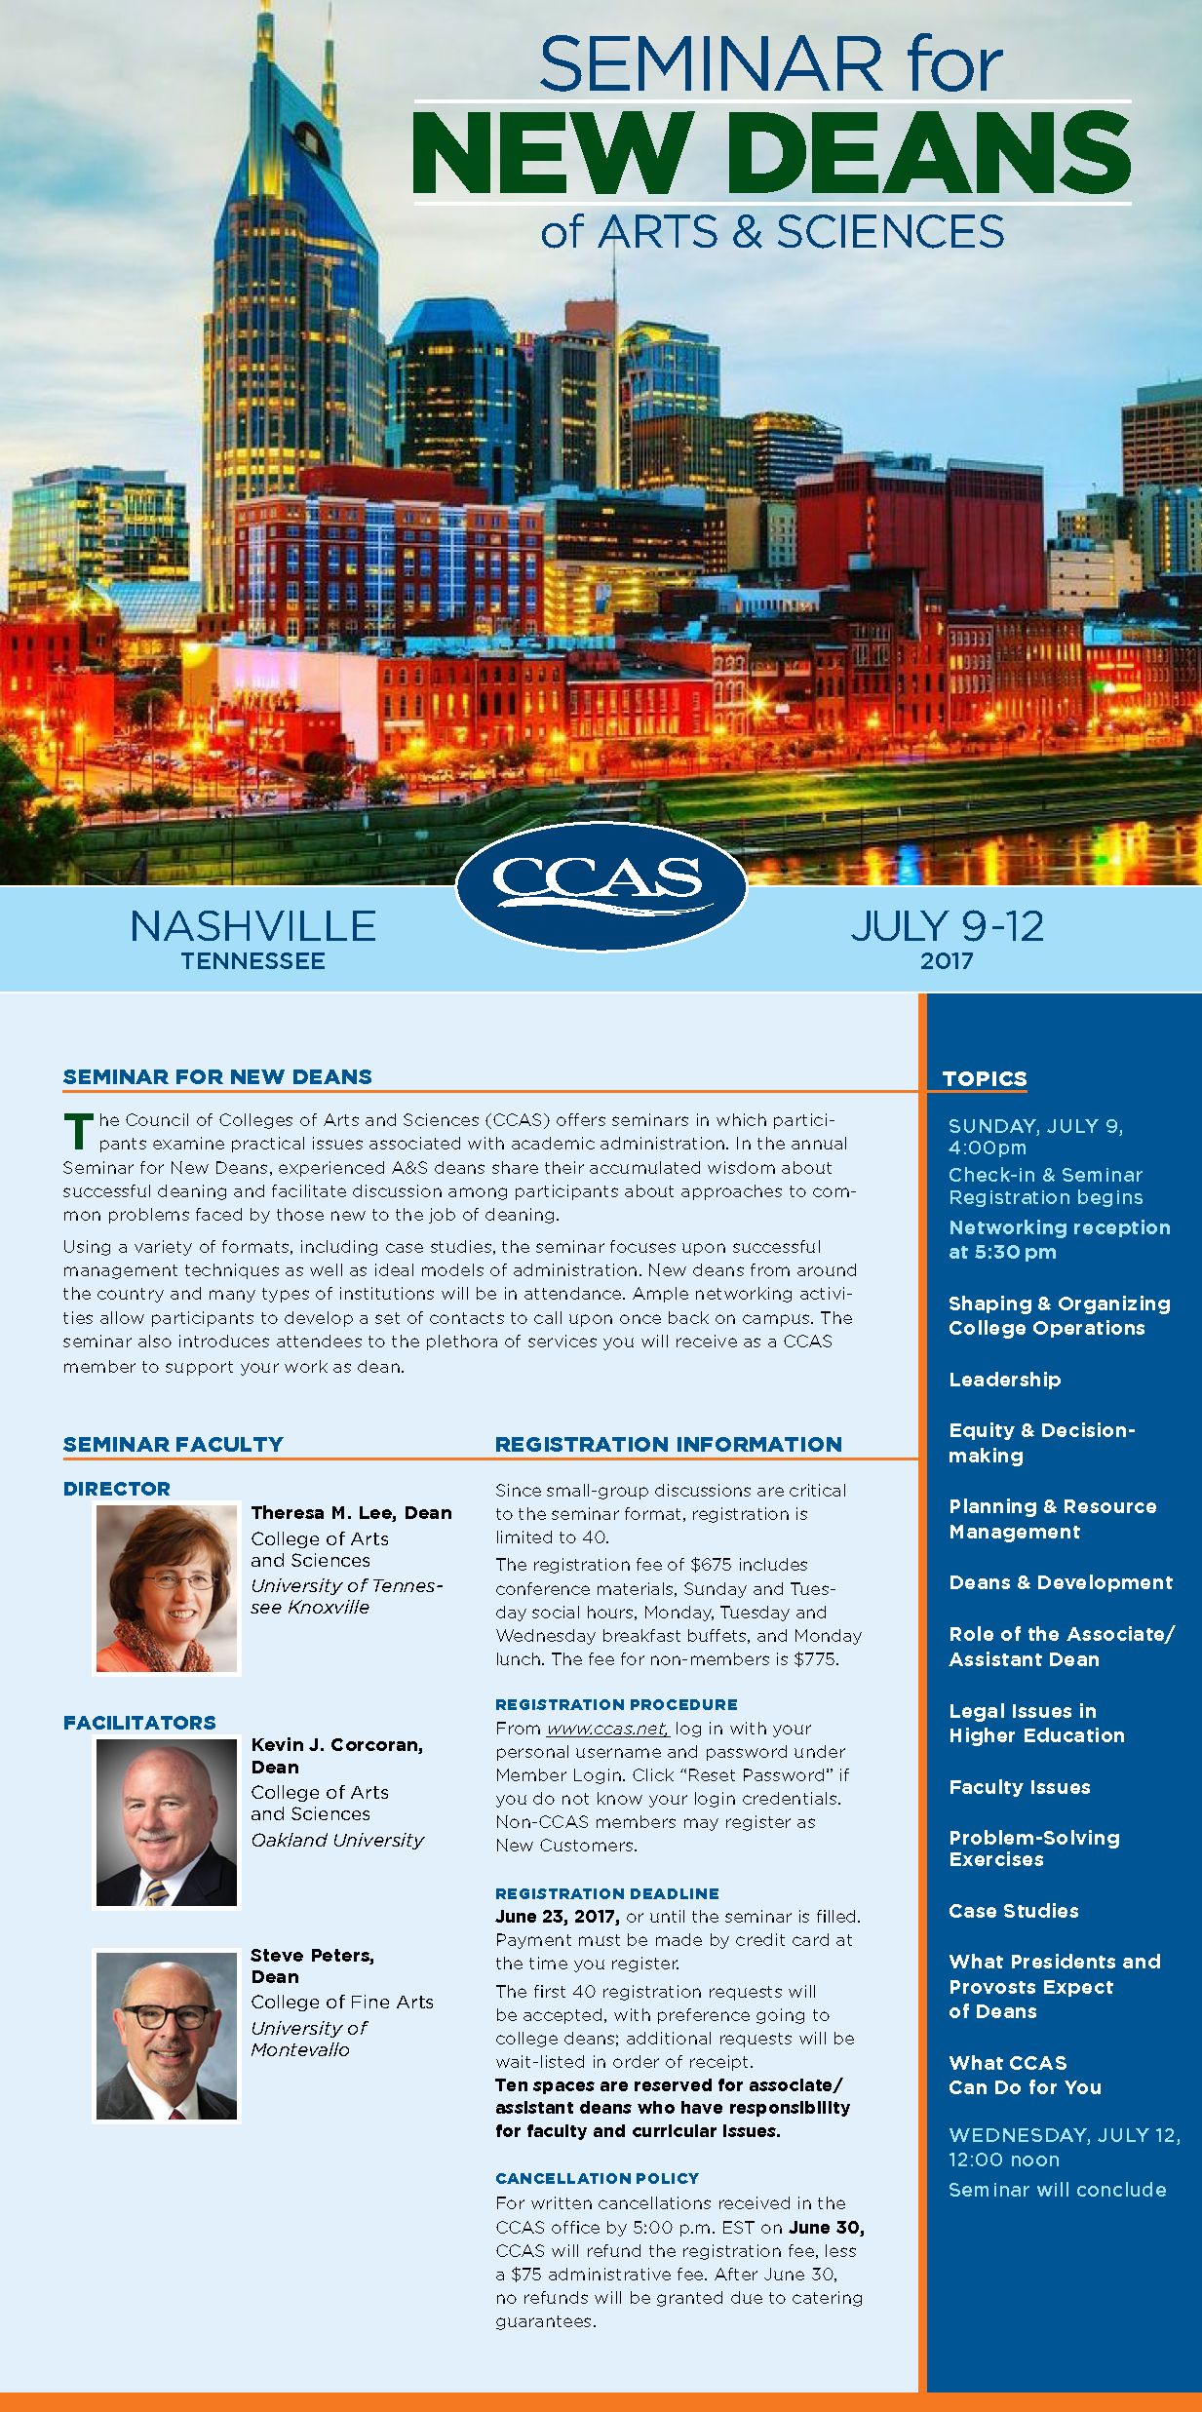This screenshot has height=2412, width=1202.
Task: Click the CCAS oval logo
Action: tap(601, 884)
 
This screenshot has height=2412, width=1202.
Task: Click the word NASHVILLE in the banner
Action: tap(253, 926)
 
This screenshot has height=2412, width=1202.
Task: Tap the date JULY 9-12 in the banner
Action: tap(947, 926)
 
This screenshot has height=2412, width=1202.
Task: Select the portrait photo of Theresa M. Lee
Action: tap(167, 1588)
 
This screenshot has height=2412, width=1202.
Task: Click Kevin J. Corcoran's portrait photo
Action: tap(167, 1822)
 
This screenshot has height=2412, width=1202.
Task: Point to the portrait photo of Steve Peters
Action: tap(167, 2036)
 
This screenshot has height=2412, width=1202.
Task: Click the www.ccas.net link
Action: tap(606, 1729)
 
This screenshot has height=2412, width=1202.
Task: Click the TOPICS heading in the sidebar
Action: tap(985, 1078)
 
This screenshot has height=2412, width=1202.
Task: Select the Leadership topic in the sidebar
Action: tap(1005, 1380)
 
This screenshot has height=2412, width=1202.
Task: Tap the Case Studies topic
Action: tap(1014, 1911)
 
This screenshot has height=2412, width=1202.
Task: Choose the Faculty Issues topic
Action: tap(1020, 1787)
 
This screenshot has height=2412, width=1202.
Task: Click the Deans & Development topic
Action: tap(1061, 1582)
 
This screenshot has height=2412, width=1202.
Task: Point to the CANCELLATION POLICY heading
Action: tap(597, 2178)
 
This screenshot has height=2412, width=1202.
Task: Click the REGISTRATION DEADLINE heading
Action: tap(606, 1893)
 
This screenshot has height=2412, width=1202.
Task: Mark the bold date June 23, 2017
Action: tap(557, 1917)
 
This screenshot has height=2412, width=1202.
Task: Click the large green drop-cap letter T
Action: tap(78, 1131)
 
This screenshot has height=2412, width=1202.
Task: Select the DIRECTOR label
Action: tap(117, 1489)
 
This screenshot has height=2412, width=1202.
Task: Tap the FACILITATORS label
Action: tap(139, 1723)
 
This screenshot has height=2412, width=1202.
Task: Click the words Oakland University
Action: tap(337, 1841)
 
